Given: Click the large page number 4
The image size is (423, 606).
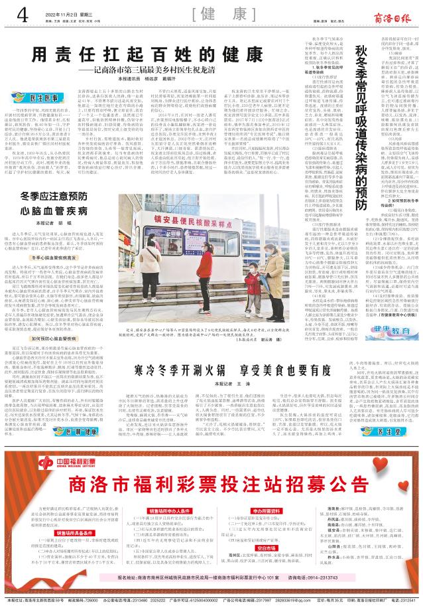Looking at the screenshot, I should tap(22, 13).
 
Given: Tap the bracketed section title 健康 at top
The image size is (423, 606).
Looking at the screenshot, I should tap(211, 14).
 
